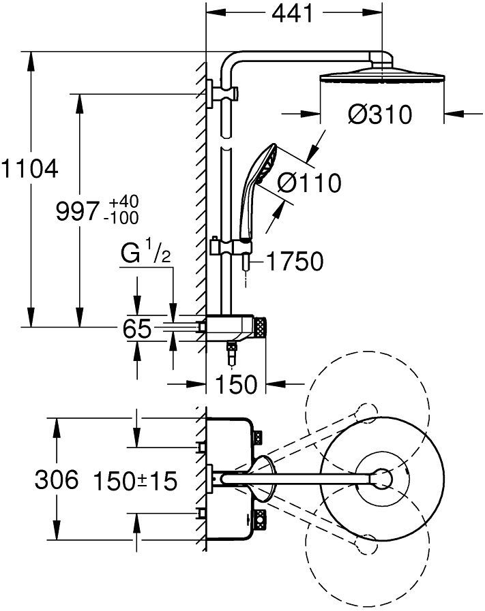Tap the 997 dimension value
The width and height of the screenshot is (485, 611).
(x=76, y=213)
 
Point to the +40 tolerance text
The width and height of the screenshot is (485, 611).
(x=124, y=203)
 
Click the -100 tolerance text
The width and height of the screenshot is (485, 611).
(x=123, y=218)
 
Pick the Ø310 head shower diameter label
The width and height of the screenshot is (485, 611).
(x=380, y=114)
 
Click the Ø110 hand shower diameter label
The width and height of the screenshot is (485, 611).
(x=310, y=183)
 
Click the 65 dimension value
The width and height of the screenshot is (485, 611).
(x=137, y=329)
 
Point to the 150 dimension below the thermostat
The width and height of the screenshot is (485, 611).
(x=237, y=384)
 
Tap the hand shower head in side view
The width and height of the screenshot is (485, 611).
(x=261, y=167)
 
